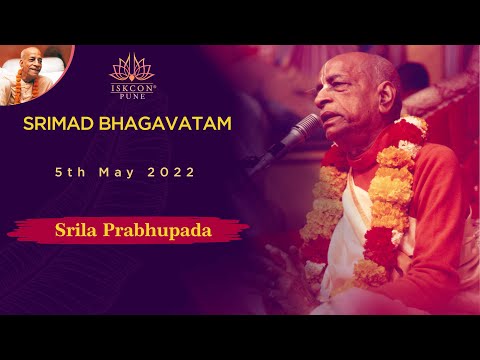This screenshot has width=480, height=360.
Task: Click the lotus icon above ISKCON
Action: (132, 67)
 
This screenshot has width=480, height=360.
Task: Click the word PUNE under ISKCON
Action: (132, 97)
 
